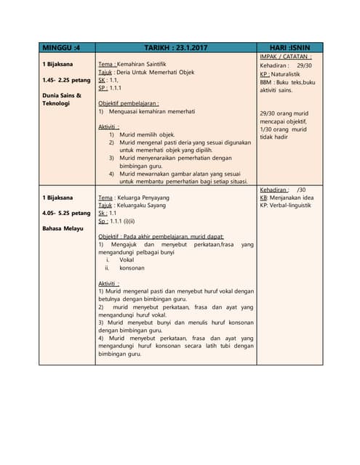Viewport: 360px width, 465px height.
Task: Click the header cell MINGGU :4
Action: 62,47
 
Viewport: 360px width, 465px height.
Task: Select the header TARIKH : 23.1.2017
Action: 175,47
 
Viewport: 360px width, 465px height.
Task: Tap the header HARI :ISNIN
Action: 289,47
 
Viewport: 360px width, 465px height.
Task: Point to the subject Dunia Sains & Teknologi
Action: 62,100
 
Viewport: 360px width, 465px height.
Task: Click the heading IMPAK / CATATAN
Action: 286,57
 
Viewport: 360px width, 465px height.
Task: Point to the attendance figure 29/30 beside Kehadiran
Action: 304,65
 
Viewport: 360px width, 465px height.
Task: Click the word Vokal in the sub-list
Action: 127,259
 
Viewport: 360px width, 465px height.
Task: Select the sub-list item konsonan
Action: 132,267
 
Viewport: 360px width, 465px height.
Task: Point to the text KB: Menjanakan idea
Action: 287,198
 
